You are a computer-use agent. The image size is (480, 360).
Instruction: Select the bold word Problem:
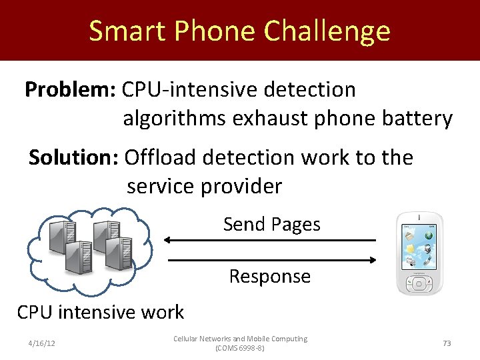coord(67,89)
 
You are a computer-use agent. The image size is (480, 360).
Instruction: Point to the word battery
coord(415,119)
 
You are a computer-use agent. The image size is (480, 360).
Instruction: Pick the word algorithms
coord(175,119)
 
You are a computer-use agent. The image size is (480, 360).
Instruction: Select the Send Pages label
coord(271,225)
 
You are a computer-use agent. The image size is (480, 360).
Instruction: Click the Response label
coord(269,276)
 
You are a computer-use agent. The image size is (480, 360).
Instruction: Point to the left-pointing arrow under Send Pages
coord(270,240)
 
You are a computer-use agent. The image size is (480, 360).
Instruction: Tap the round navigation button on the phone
coord(420,284)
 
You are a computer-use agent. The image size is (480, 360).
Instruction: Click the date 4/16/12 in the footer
coord(41,343)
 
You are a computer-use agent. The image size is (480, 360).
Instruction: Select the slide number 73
coord(447,343)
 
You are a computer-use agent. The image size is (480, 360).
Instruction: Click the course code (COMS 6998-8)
coord(240,349)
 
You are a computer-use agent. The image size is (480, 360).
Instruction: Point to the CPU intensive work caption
coord(100,311)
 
